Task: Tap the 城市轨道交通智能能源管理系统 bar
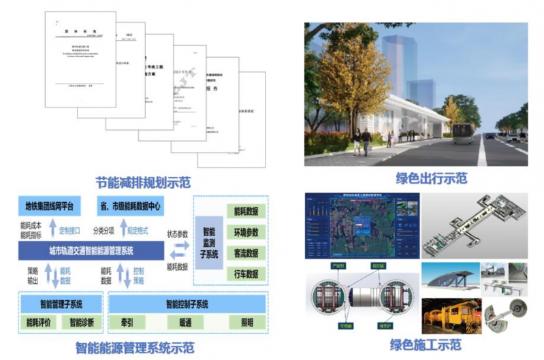tap(91, 250)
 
